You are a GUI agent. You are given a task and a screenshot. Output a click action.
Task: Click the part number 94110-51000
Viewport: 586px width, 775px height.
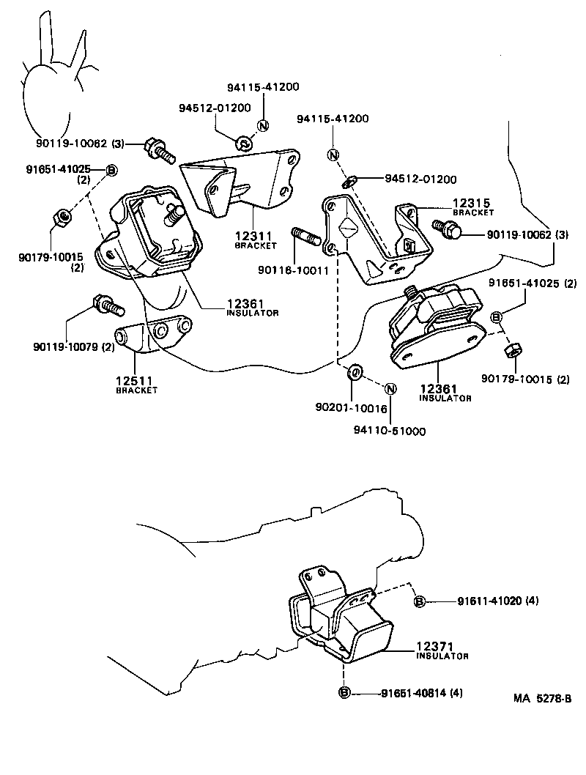click(x=389, y=431)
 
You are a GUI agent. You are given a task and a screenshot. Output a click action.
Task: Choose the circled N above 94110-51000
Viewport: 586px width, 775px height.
click(x=390, y=389)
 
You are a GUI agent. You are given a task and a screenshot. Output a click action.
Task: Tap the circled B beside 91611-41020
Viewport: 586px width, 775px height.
click(x=420, y=601)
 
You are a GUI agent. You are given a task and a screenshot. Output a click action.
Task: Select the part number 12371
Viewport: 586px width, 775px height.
click(x=437, y=646)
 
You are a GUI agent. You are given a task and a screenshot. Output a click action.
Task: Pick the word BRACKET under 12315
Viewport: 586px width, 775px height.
click(x=472, y=212)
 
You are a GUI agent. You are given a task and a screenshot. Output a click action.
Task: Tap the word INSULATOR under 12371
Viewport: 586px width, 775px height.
click(x=442, y=656)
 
